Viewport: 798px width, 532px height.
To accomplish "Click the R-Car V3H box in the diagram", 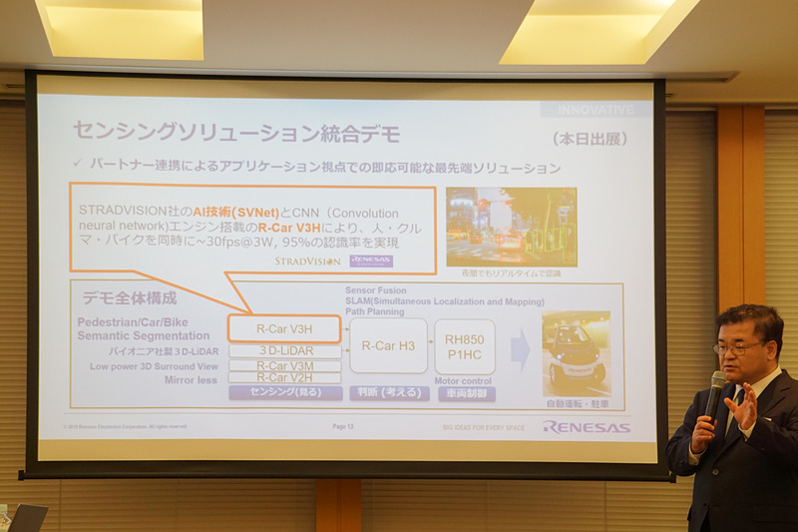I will [x=284, y=328].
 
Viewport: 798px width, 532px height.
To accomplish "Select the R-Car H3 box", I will [x=388, y=346].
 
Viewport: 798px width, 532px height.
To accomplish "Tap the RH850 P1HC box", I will [x=464, y=346].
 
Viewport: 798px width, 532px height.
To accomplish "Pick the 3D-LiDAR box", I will [x=284, y=351].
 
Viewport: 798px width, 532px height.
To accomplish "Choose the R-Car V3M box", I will [x=284, y=365].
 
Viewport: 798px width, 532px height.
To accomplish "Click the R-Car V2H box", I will [x=284, y=377].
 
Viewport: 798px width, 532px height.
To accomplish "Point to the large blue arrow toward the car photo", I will [x=520, y=349].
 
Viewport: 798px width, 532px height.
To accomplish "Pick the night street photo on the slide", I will [x=511, y=225].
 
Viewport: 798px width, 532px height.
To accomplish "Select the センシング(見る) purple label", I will [x=284, y=393].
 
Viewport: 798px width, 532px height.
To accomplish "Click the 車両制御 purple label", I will [x=464, y=393].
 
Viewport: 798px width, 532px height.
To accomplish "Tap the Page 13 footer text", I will [x=343, y=426].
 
